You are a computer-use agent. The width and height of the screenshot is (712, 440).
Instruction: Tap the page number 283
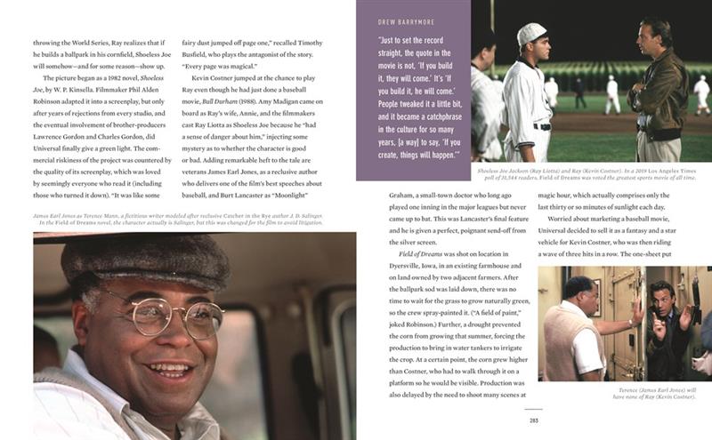tap(534, 420)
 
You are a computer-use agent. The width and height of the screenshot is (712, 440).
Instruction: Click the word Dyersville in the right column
tap(411, 266)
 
